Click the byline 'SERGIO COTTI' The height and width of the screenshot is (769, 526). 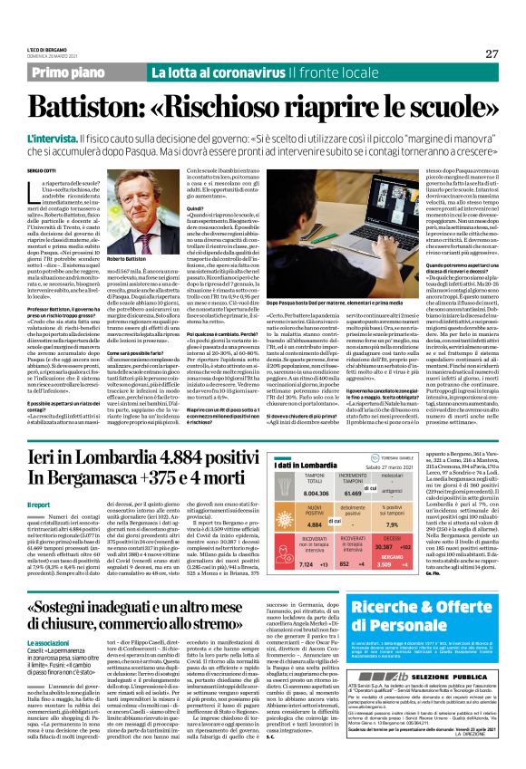tap(43, 169)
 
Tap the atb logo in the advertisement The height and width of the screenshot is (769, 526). tap(444, 676)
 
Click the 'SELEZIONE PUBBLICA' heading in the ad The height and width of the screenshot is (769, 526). tap(485, 676)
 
